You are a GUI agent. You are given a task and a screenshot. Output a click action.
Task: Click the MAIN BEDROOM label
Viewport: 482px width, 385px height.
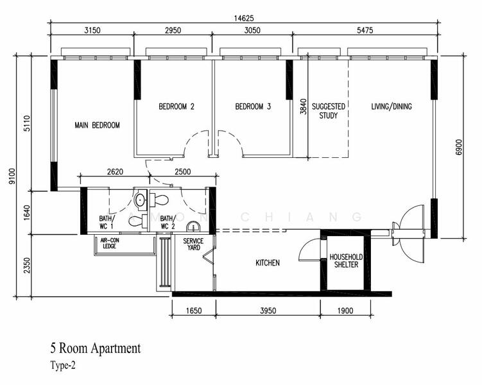[97, 125]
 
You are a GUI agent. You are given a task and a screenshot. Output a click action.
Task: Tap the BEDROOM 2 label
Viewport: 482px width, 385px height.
[176, 107]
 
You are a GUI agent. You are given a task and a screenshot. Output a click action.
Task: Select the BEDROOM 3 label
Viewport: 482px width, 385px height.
[253, 107]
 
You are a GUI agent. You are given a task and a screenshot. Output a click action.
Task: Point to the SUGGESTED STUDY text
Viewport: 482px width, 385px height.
[329, 111]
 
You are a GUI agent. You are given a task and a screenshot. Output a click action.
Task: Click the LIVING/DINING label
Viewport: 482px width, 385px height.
[392, 107]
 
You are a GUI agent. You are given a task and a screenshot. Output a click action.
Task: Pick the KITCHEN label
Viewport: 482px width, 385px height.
[268, 262]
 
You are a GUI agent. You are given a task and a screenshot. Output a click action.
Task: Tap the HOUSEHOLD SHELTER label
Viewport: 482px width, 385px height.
[346, 261]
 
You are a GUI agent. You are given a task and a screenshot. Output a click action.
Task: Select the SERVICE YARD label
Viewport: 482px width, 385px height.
[193, 244]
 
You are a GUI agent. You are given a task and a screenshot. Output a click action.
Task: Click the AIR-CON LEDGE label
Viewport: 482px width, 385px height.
[110, 243]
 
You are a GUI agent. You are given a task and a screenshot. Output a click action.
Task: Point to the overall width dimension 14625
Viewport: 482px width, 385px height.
[244, 19]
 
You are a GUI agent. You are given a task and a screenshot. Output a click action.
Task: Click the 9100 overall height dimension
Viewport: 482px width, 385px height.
[12, 176]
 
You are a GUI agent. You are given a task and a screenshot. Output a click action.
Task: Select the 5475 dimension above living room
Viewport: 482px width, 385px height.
[365, 30]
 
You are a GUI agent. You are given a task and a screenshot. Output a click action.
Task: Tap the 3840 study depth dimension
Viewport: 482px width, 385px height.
[303, 107]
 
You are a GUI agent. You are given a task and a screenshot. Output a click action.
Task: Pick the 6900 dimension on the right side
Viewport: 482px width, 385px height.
[459, 148]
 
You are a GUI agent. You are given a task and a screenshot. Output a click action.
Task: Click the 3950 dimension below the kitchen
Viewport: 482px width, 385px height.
[268, 311]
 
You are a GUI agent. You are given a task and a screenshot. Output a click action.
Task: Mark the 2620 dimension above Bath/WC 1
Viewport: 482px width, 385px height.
[116, 171]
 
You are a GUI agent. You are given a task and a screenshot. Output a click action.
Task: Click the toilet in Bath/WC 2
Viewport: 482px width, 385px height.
[159, 200]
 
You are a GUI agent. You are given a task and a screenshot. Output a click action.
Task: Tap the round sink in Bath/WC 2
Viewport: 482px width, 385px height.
[193, 226]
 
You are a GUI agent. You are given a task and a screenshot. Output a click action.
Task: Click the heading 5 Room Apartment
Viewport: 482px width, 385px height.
[96, 348]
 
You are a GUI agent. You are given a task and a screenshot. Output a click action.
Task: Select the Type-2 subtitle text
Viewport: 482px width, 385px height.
[63, 366]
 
